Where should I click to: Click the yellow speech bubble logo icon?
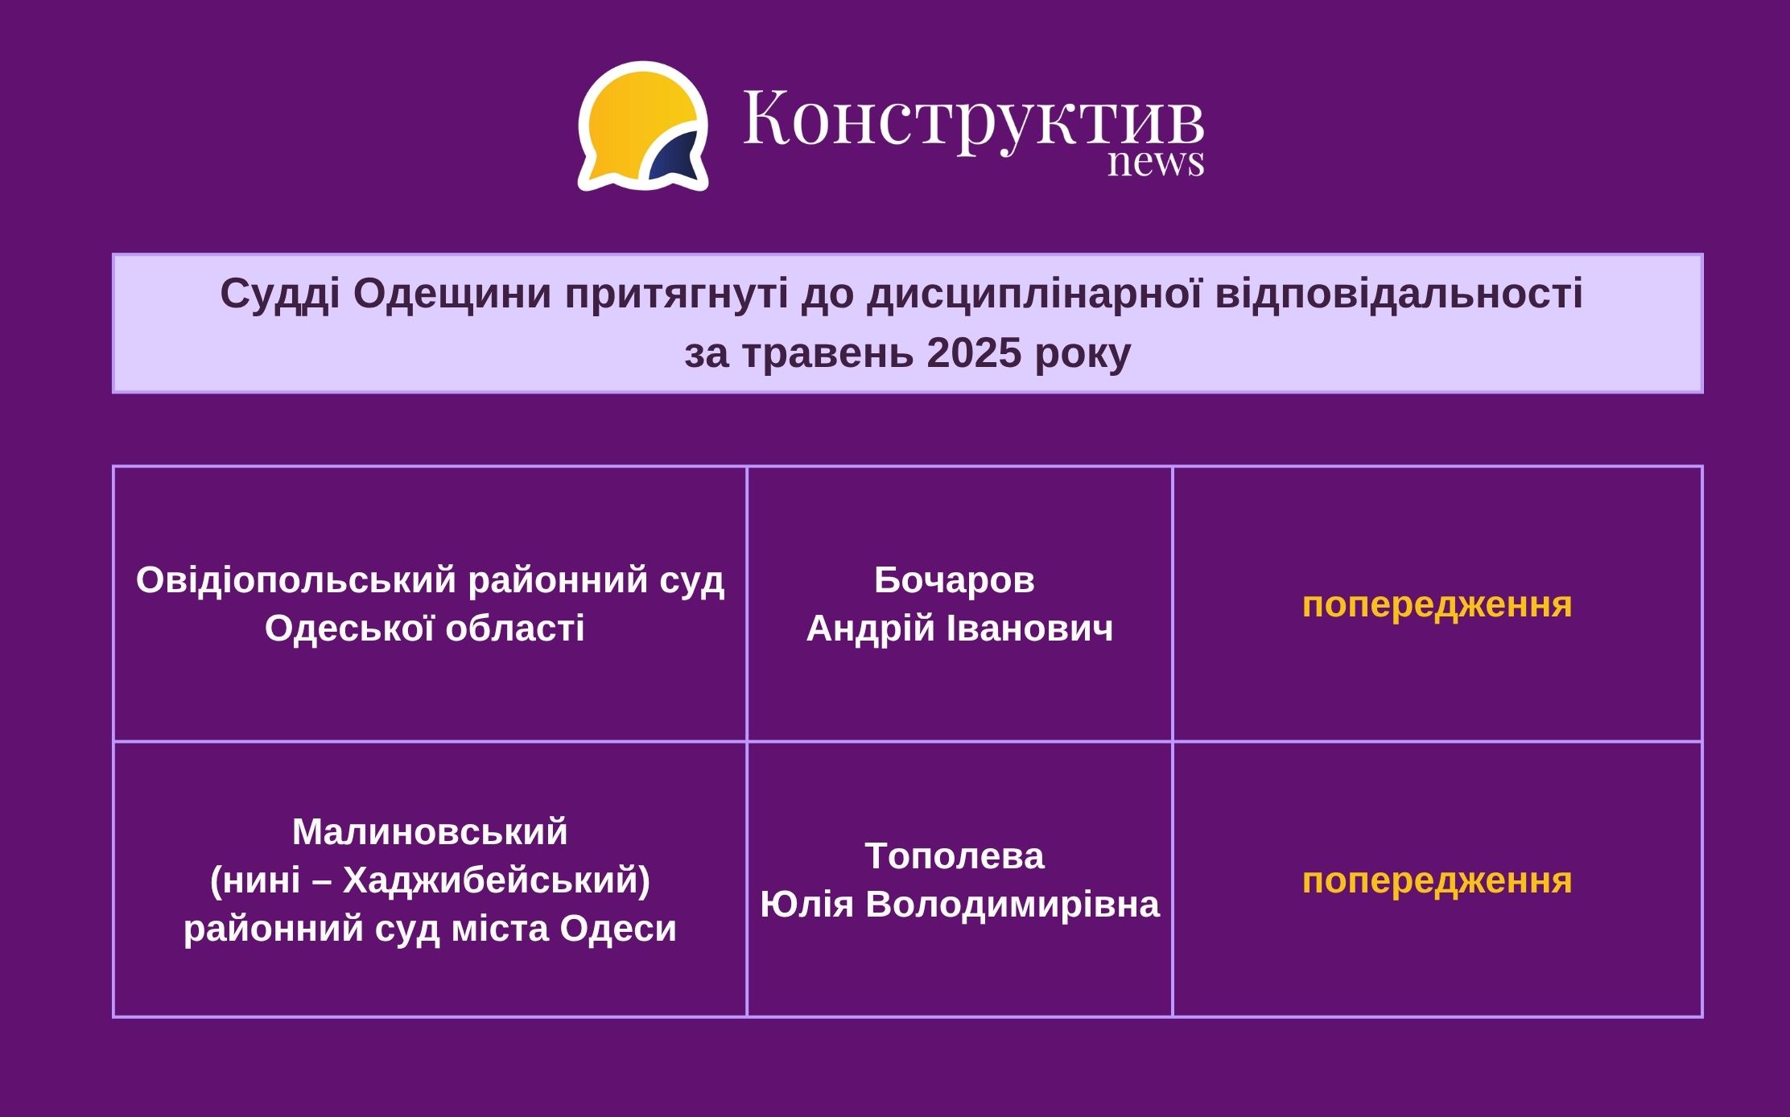tap(643, 126)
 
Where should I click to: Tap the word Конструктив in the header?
tap(973, 119)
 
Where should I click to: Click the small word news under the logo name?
tap(1156, 162)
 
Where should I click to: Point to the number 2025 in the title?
tap(974, 352)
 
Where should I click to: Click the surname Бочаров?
tap(955, 579)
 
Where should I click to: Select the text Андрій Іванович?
tap(959, 628)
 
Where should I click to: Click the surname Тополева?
tap(955, 855)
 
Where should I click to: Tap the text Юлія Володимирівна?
tap(959, 904)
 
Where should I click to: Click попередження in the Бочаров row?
tap(1437, 605)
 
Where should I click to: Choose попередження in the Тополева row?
tap(1437, 881)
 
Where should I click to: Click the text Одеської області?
tap(425, 628)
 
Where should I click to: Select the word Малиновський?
tap(430, 831)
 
